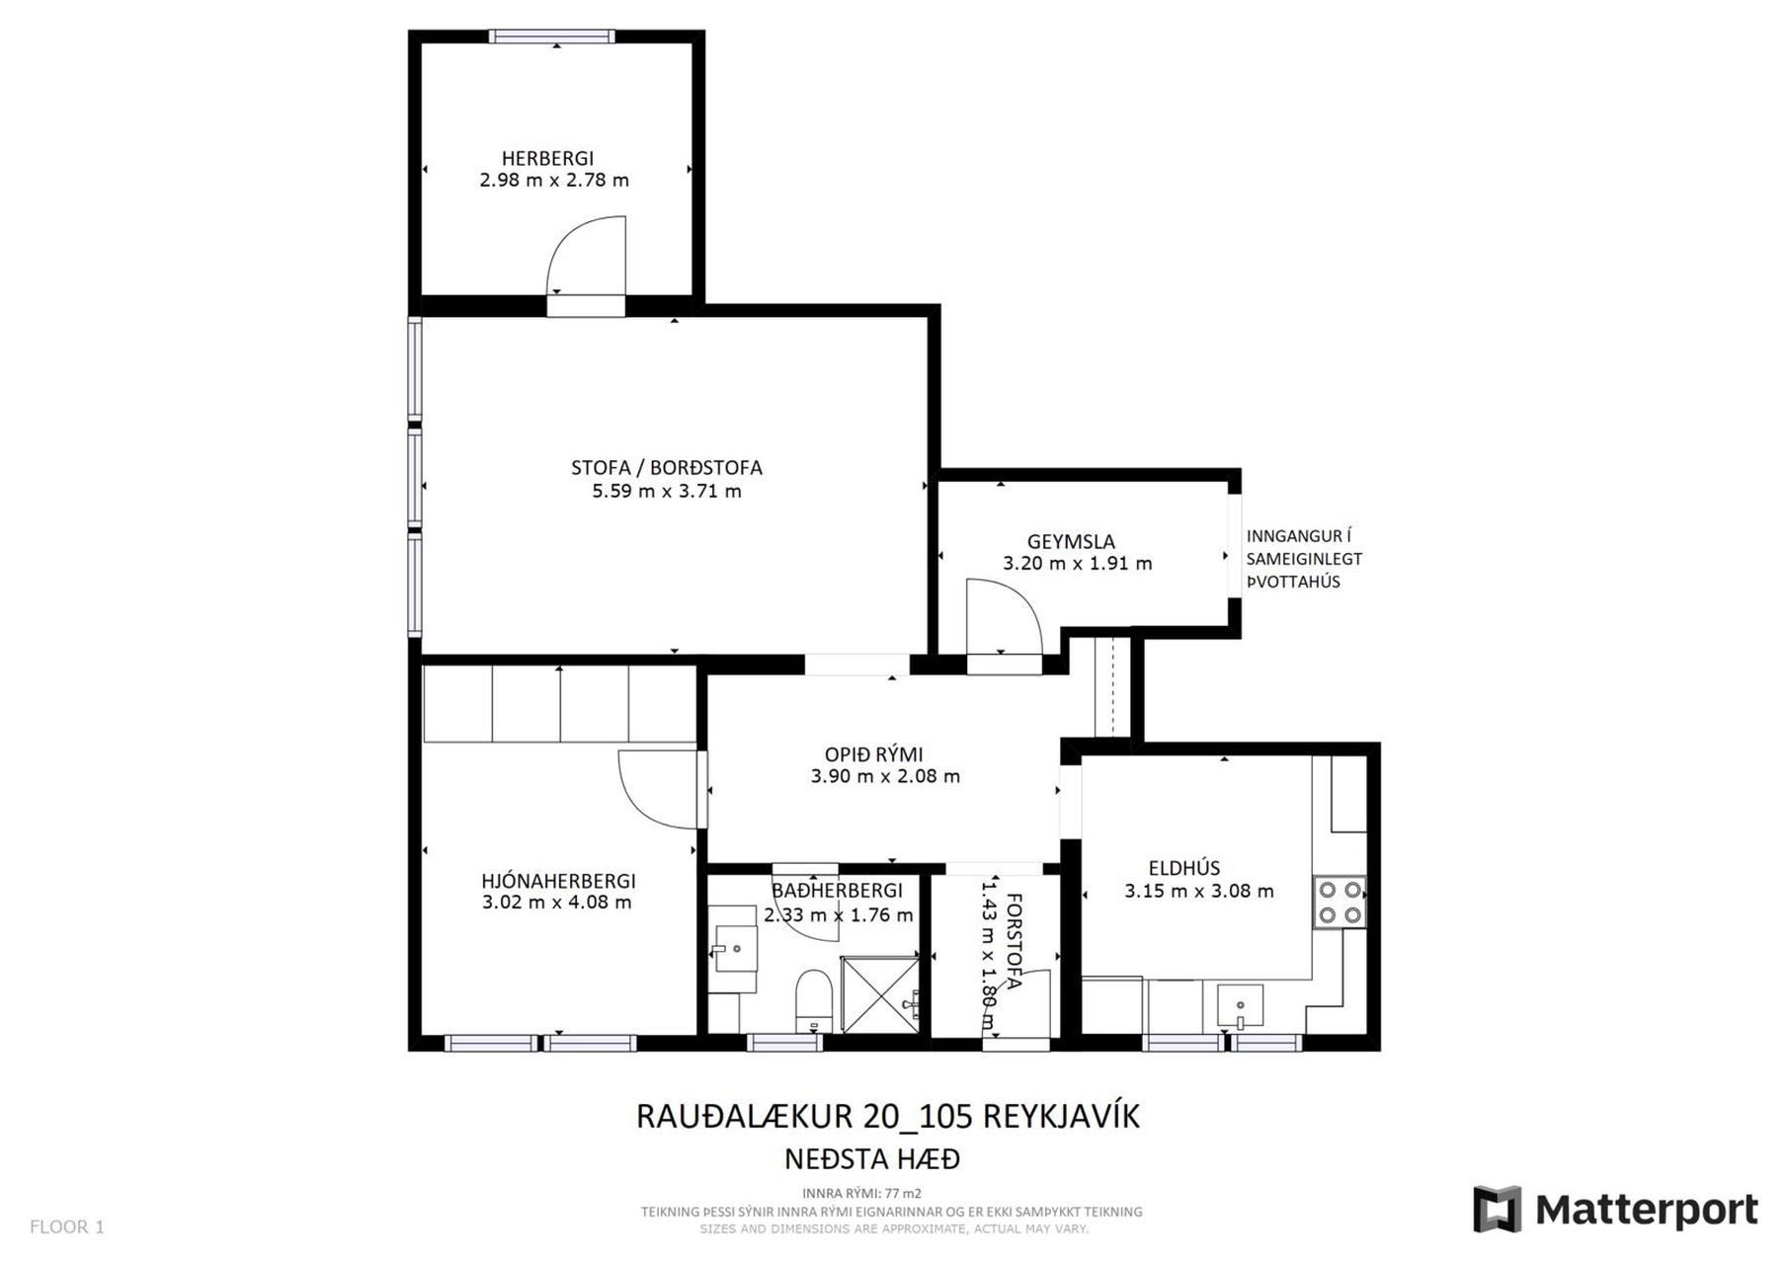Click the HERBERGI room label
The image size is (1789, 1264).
pyautogui.click(x=547, y=158)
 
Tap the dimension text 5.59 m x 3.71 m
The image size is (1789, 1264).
pyautogui.click(x=667, y=491)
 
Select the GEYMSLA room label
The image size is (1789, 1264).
pyautogui.click(x=1071, y=541)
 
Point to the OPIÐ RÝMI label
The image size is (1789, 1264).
pyautogui.click(x=874, y=754)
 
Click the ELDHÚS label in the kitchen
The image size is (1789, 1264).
pyautogui.click(x=1184, y=868)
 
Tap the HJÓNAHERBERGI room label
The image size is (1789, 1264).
pyautogui.click(x=558, y=881)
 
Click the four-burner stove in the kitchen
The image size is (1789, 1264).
pyautogui.click(x=1340, y=903)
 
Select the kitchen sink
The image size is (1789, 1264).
pyautogui.click(x=1240, y=1007)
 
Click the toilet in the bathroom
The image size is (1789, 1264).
pyautogui.click(x=814, y=1000)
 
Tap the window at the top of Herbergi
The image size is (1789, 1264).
pyautogui.click(x=552, y=37)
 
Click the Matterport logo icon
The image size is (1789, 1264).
pyautogui.click(x=1497, y=1209)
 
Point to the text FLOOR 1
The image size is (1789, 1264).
pyautogui.click(x=67, y=1227)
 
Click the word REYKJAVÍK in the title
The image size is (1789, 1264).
pyautogui.click(x=1057, y=1116)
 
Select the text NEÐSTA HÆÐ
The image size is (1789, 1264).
pyautogui.click(x=872, y=1158)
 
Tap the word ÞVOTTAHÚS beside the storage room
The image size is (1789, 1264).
pyautogui.click(x=1293, y=582)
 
